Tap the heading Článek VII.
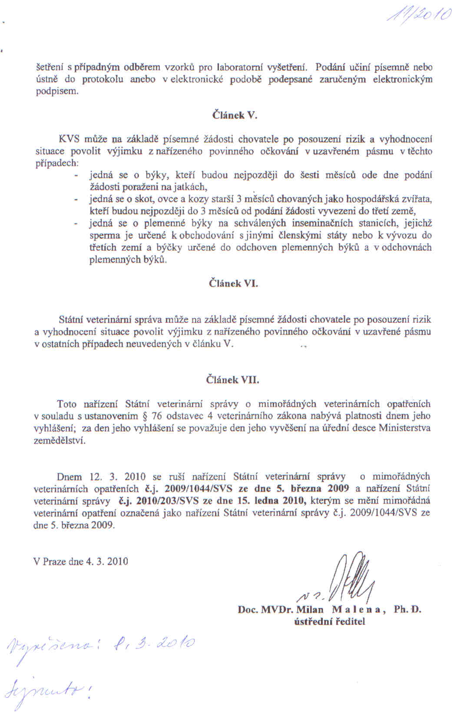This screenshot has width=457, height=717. (232, 380)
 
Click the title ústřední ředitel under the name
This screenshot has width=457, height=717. (330, 621)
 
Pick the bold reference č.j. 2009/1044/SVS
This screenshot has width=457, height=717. (185, 488)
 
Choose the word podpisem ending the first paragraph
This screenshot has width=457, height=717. (56, 92)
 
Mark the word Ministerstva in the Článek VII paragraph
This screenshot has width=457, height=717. (404, 428)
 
